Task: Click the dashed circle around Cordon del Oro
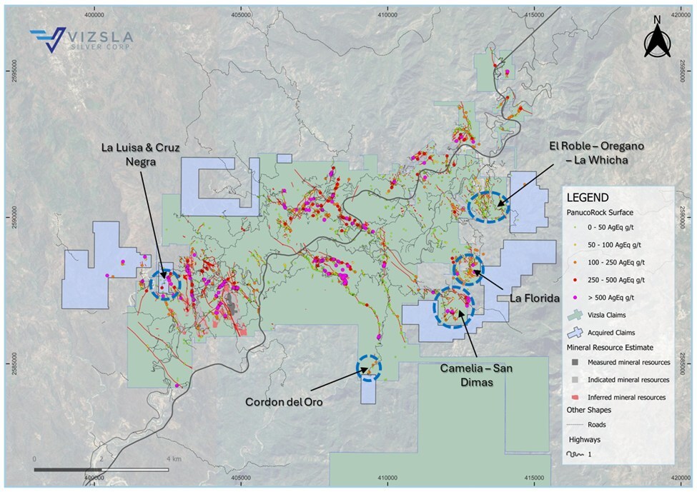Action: (x=369, y=368)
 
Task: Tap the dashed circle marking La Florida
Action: (x=470, y=269)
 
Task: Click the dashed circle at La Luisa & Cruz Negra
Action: (x=166, y=284)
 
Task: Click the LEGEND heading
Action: (x=589, y=198)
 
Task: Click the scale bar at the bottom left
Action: (x=101, y=469)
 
